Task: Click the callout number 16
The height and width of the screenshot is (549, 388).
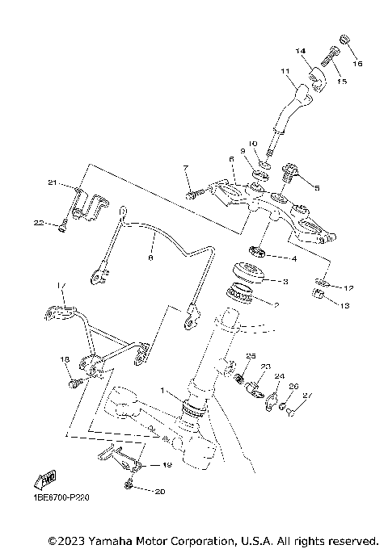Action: (x=358, y=62)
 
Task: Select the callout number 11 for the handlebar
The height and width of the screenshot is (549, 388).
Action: (x=285, y=72)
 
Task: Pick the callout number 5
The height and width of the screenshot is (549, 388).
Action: (x=316, y=187)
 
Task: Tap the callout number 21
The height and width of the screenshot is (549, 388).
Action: (x=52, y=183)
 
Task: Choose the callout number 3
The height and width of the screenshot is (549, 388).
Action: (x=284, y=282)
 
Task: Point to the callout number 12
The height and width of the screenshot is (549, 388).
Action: (x=348, y=288)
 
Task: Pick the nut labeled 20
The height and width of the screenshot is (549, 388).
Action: (x=129, y=484)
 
